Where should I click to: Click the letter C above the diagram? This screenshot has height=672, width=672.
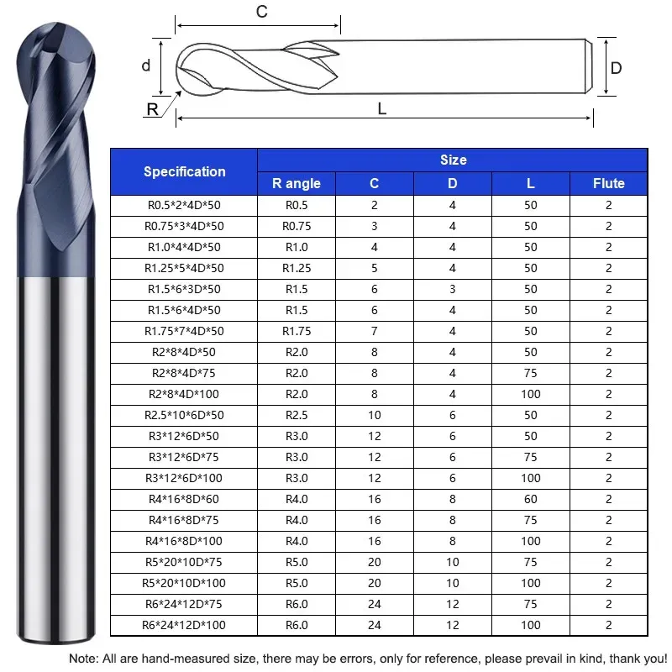pyautogui.click(x=262, y=12)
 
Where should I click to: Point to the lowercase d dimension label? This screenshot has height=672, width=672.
pyautogui.click(x=146, y=66)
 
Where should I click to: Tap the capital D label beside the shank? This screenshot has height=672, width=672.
pyautogui.click(x=616, y=68)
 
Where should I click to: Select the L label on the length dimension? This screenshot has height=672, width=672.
pyautogui.click(x=382, y=109)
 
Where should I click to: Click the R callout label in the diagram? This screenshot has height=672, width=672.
pyautogui.click(x=153, y=109)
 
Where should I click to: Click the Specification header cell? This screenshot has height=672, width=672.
pyautogui.click(x=184, y=171)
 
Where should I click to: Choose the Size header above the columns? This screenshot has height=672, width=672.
pyautogui.click(x=454, y=160)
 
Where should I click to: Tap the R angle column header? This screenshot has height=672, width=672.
pyautogui.click(x=297, y=183)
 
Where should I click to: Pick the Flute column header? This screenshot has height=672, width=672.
pyautogui.click(x=608, y=183)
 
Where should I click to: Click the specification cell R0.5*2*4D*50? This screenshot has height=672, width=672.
pyautogui.click(x=184, y=205)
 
